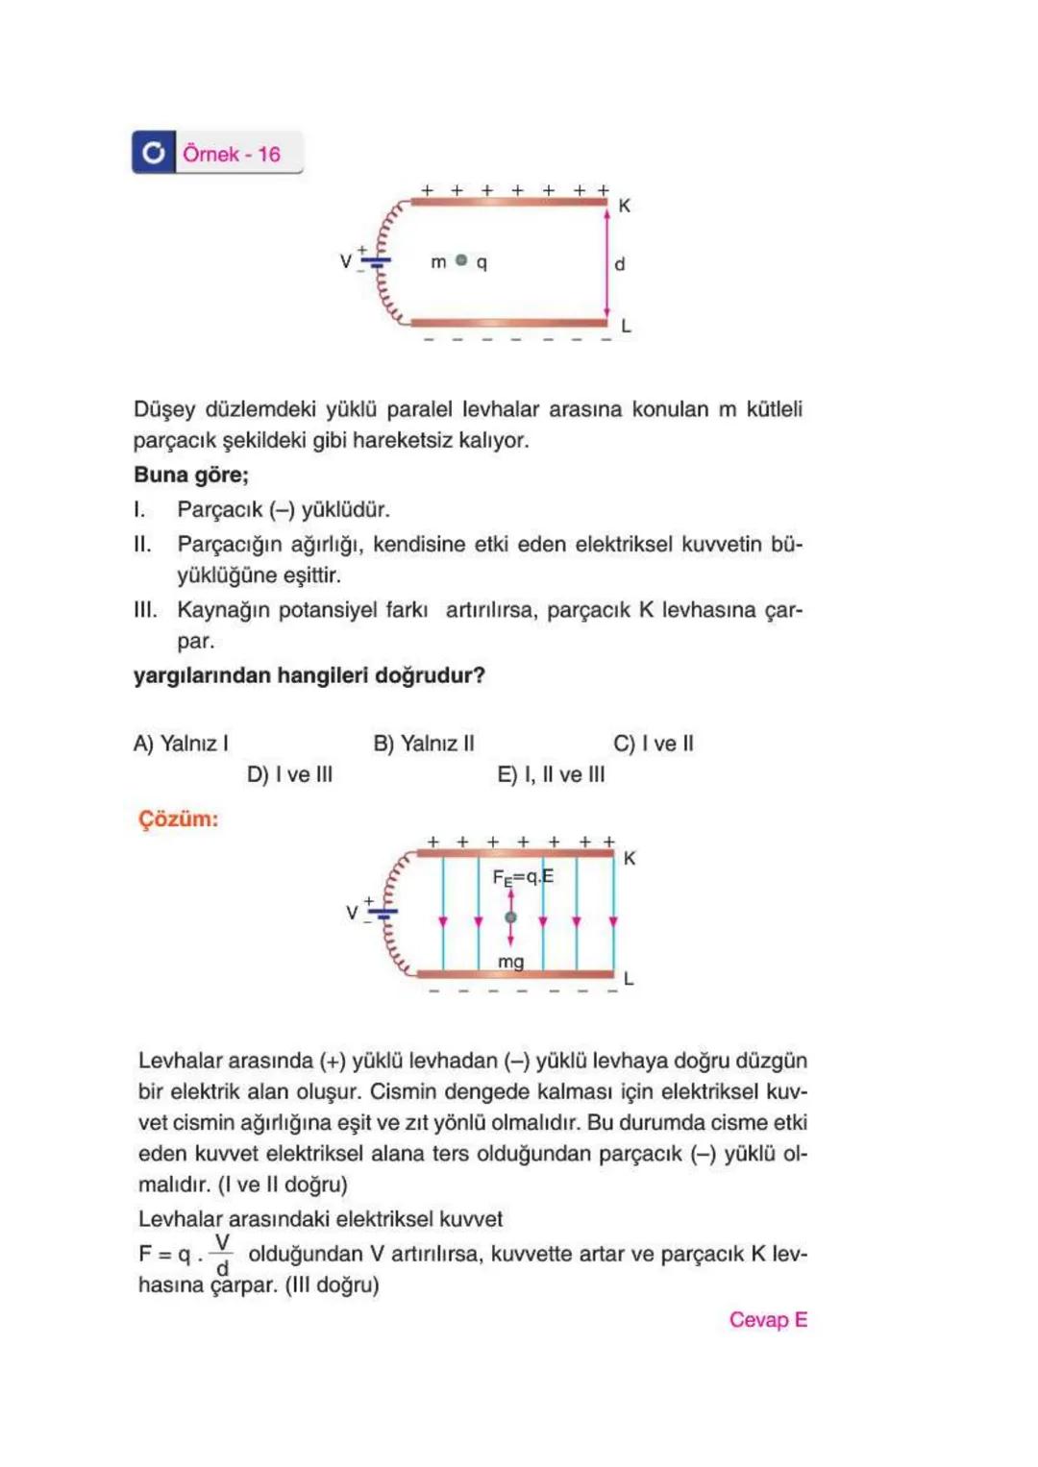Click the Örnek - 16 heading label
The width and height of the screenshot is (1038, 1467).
232,154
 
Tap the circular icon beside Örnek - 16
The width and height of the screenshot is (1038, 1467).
154,153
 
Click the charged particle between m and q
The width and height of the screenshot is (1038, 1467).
461,260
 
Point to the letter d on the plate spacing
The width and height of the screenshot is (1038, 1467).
620,263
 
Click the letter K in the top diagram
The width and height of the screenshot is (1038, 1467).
625,206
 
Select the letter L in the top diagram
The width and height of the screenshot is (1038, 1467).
626,327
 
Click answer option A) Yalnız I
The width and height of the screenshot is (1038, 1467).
181,743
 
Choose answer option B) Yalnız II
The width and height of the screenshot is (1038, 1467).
423,743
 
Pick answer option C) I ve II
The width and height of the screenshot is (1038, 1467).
653,743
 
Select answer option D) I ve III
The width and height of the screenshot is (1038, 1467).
289,774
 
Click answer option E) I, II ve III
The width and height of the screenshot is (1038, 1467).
551,774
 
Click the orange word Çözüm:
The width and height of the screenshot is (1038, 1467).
179,819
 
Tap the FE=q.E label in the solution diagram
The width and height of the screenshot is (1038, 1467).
523,877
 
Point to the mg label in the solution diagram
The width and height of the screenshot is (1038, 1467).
510,962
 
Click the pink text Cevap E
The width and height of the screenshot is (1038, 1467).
767,1319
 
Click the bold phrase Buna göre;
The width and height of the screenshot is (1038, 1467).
191,475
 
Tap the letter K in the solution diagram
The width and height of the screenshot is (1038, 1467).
630,858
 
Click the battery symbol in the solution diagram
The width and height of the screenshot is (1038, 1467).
383,912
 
